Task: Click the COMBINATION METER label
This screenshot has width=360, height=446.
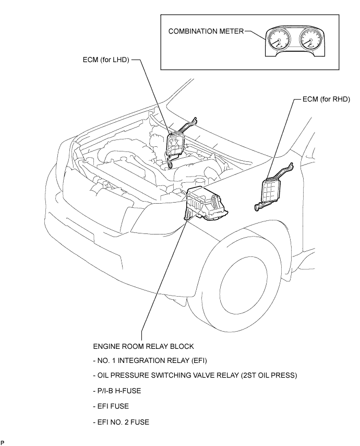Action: (206, 31)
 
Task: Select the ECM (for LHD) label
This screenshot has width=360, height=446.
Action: (106, 60)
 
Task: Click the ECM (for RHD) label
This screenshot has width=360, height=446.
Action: (326, 99)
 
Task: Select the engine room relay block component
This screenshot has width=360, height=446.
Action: (206, 203)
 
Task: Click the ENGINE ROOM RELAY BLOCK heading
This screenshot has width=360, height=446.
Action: (143, 346)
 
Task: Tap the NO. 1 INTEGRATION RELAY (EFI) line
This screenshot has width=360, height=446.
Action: (150, 361)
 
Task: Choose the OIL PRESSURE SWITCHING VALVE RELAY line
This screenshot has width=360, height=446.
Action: (195, 375)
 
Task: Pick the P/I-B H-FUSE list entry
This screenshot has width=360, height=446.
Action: (117, 391)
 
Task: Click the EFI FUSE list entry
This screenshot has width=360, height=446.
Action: (111, 406)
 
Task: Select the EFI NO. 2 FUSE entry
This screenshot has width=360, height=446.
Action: (121, 422)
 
